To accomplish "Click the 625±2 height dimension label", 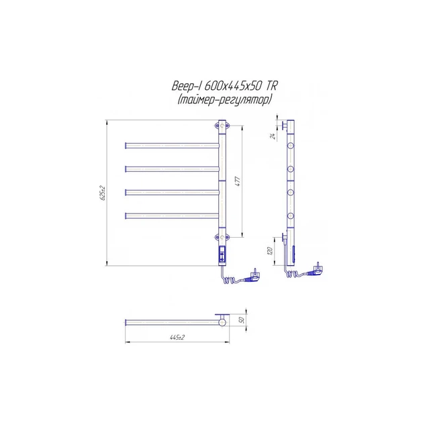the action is [102, 193].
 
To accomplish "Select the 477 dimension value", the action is [238, 181].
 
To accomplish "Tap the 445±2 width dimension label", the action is [177, 337].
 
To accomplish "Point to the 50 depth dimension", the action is [242, 320].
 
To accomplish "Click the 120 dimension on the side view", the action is [270, 251].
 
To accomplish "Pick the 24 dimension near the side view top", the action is [273, 136].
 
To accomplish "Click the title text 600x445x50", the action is [233, 87].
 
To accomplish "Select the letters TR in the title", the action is [272, 86].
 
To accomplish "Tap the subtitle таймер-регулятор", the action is [224, 100].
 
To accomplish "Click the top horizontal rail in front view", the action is [172, 146].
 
